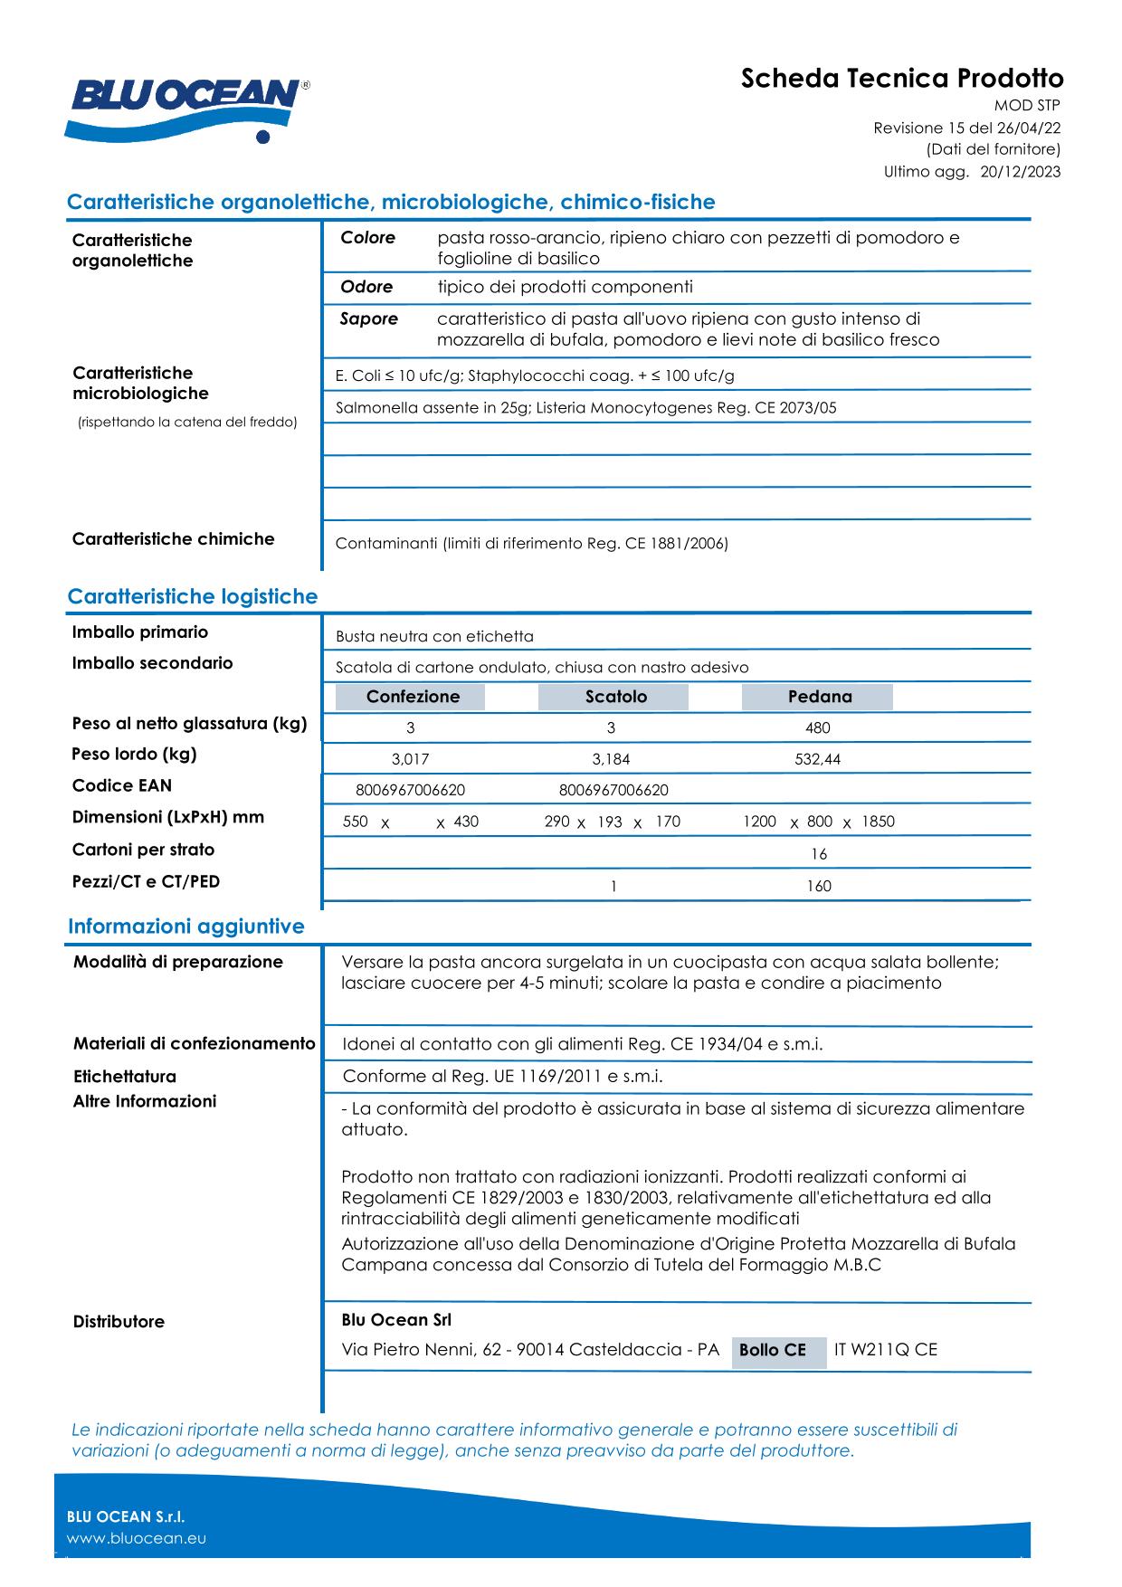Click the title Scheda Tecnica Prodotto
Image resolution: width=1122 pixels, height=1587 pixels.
point(901,79)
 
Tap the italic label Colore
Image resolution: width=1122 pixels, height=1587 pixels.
point(367,238)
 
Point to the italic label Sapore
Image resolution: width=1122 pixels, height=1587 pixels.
point(368,319)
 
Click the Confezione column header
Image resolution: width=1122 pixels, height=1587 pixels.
point(412,697)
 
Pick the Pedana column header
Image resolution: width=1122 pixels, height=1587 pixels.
point(819,697)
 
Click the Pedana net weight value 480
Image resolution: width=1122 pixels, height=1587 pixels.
point(817,728)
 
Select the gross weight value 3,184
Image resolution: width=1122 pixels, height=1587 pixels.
point(611,760)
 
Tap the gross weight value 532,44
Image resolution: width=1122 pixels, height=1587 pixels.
point(817,760)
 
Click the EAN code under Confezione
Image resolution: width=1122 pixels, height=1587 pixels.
point(410,791)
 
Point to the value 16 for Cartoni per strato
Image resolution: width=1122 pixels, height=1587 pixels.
point(819,854)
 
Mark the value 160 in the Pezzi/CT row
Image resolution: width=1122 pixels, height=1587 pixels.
point(819,887)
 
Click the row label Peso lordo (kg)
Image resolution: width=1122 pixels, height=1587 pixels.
point(134,755)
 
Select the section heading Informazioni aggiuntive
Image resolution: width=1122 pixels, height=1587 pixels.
point(185,927)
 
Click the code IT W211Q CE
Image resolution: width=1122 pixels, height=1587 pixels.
point(885,1350)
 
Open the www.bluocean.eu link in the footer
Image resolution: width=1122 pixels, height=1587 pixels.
point(136,1538)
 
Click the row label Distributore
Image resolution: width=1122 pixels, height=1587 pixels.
point(119,1322)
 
